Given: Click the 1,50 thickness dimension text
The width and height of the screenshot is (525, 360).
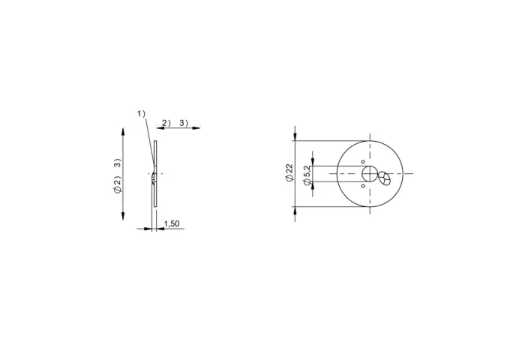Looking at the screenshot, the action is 172,223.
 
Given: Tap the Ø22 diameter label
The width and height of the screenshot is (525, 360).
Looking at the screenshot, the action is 289,172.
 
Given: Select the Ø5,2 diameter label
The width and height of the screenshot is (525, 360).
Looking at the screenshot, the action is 307,175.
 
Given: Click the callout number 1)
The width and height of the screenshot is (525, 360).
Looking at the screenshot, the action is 141,114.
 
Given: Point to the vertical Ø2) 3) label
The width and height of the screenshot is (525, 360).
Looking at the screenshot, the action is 117,176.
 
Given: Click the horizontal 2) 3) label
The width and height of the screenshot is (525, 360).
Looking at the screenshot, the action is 175,123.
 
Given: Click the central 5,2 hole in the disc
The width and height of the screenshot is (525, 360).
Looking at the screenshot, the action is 370,173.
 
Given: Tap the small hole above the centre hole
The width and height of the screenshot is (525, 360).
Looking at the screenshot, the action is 363,162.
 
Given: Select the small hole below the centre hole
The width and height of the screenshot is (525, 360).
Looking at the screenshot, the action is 363,185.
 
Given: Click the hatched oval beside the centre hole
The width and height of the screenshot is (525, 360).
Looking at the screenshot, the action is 384,178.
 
